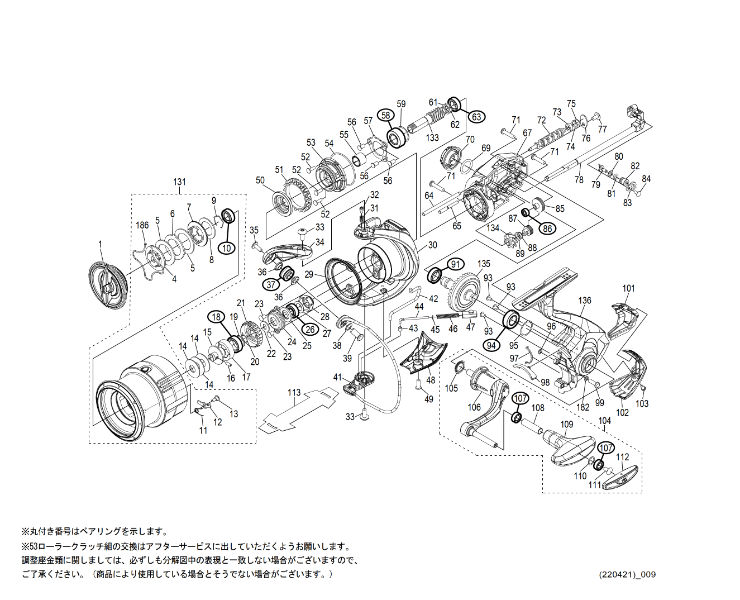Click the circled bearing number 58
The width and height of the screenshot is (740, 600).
(x=385, y=115)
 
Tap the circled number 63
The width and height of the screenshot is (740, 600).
(x=476, y=117)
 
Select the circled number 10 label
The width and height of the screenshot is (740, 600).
(x=227, y=248)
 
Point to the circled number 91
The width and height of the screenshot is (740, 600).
(x=456, y=264)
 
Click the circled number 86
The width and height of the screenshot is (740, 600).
(x=547, y=228)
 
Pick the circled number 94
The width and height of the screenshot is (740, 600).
(x=491, y=345)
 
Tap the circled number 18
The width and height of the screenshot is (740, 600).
(x=216, y=317)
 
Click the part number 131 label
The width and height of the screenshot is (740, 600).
(x=179, y=182)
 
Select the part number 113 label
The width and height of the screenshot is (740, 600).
(x=294, y=393)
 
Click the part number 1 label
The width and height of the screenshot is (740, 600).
(x=101, y=244)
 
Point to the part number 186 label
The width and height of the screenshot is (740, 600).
(x=142, y=225)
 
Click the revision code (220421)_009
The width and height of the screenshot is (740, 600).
(x=627, y=574)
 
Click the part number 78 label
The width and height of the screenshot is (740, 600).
(x=579, y=180)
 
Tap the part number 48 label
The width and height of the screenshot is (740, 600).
(x=431, y=380)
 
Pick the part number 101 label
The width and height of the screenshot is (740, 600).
(x=628, y=288)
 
